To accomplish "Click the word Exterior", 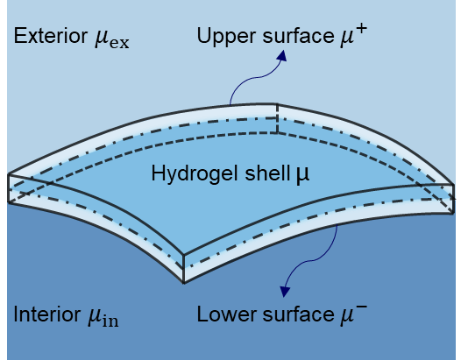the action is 51,36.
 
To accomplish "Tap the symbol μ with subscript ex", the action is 112,39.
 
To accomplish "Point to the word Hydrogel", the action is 195,174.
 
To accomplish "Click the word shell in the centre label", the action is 267,173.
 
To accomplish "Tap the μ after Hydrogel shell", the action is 302,175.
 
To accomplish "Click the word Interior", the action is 46,314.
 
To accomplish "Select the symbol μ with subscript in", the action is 103,317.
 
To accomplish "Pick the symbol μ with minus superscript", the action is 354,315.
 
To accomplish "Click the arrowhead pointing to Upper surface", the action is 281,56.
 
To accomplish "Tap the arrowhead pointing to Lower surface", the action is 285,292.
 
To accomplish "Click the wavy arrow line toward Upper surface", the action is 257,78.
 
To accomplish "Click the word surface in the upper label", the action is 298,37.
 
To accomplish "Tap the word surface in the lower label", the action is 298,314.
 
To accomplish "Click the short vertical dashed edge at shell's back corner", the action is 277,118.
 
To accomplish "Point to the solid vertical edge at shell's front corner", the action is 184,269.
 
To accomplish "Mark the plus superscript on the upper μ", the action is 361,30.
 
